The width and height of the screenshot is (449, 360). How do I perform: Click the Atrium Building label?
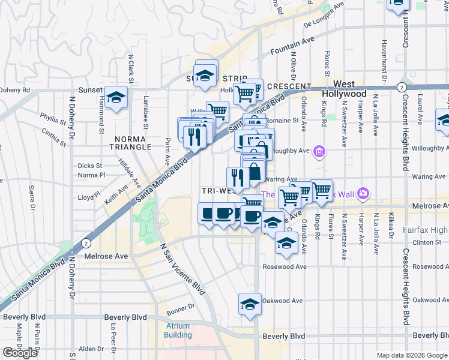178,330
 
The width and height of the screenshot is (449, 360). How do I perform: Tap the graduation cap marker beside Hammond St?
116,97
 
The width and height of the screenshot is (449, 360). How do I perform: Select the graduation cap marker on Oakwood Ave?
249,304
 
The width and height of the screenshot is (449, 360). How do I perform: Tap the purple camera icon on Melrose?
363,193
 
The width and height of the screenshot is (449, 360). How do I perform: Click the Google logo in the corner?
20,353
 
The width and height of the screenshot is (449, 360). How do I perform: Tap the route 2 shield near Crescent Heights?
400,87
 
